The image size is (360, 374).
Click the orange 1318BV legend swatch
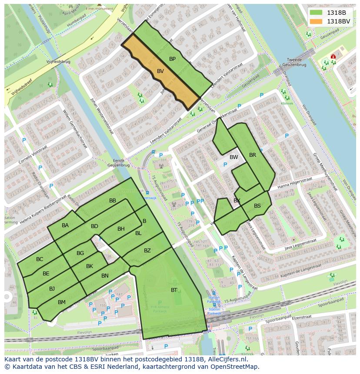pos(317,21)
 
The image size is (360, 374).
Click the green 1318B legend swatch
pos(317,13)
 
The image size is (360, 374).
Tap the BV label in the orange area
pos(160,71)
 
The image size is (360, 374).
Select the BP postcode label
pos(172,59)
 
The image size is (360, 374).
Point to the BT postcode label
pos(174,290)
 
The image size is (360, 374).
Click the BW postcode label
pos(234,157)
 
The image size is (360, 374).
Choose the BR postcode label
pos(253,155)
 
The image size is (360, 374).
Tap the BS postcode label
pos(257,206)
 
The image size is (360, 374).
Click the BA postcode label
pos(65,225)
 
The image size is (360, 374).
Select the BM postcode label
pos(62,302)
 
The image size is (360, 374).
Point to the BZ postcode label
pos(147,250)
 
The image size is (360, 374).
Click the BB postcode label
pos(113,200)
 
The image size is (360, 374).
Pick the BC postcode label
pos(40,259)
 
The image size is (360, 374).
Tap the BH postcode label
pos(121,229)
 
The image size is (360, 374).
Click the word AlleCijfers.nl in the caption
pos(226,359)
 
